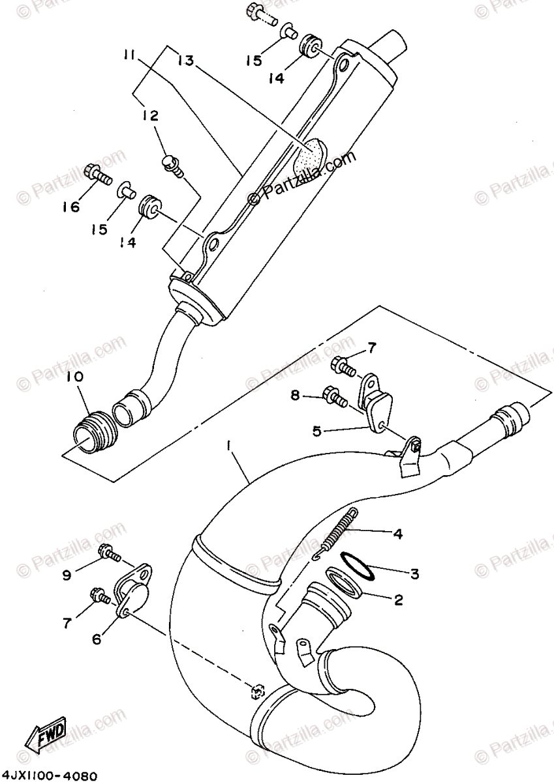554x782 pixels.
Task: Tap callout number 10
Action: [x=74, y=377]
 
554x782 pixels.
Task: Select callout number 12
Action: [x=151, y=116]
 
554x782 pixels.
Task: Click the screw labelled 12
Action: [x=172, y=163]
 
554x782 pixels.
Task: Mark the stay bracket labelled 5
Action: [x=377, y=398]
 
